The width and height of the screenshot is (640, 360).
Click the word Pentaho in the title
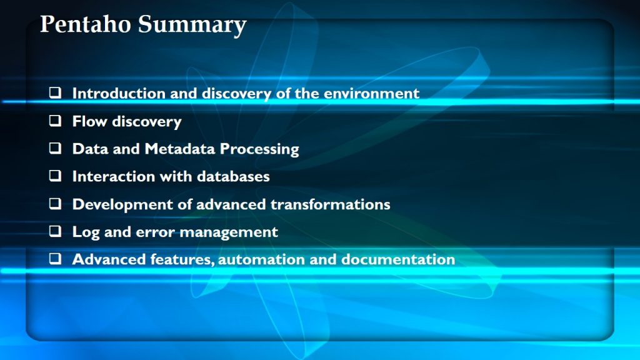(85, 24)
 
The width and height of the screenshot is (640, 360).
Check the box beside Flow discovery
(55, 121)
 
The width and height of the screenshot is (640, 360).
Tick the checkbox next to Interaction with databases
(55, 176)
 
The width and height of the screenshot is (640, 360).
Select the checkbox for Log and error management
(55, 231)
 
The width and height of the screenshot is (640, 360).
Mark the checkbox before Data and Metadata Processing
(55, 147)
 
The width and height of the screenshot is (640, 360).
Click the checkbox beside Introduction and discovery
(55, 92)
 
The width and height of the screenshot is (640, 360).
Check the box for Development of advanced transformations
(55, 203)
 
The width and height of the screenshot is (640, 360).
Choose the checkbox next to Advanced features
(55, 258)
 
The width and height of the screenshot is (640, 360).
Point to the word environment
(371, 94)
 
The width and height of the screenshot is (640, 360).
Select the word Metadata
(180, 149)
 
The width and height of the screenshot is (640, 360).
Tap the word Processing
(259, 150)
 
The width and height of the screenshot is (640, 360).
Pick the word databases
(233, 176)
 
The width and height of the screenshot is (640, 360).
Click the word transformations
(330, 204)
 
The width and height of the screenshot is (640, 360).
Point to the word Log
(86, 232)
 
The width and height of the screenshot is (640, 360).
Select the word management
(229, 232)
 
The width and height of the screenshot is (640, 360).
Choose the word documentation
(398, 259)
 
